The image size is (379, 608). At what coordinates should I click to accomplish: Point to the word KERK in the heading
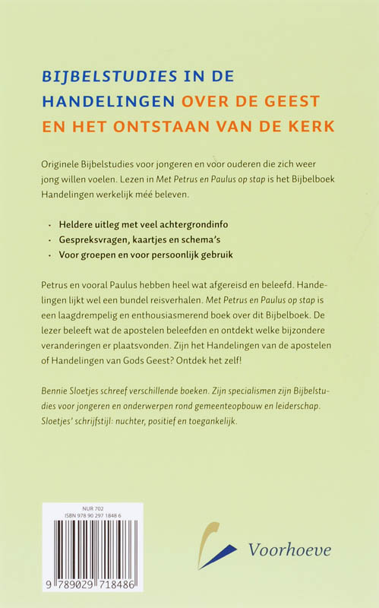tap(311, 125)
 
